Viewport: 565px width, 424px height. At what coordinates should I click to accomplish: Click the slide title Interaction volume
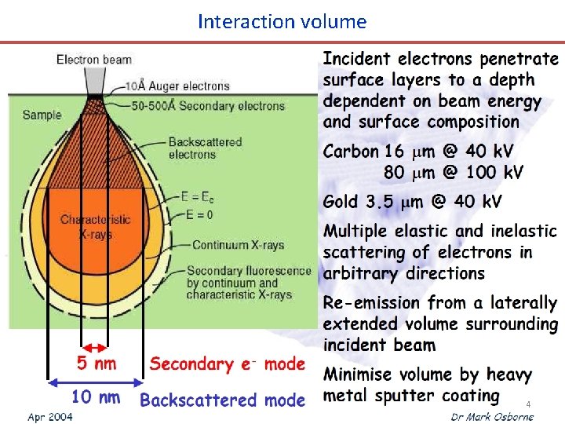coord(282,21)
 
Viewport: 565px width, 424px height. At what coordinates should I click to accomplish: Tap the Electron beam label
coord(94,60)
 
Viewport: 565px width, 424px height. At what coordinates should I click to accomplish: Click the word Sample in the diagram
coord(42,115)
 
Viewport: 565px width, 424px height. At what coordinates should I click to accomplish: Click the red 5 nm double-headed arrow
coord(95,346)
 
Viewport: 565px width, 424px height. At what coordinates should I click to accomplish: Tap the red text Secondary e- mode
coord(227,364)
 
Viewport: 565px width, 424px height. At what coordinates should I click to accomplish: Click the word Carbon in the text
coord(351,152)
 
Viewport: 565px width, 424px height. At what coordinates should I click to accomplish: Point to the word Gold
coord(342,202)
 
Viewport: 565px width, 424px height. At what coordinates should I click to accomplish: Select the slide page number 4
coord(528,404)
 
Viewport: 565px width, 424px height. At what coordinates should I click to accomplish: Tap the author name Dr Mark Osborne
coord(492,416)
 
